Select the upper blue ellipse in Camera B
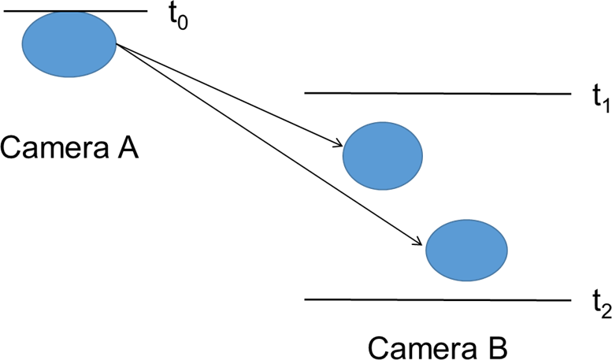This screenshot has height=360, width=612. pos(384,156)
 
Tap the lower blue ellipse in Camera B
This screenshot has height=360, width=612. pos(466,249)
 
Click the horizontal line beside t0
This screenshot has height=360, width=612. pos(75,11)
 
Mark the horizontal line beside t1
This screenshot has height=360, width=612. pos(437,93)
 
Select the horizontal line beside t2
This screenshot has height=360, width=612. pos(437,300)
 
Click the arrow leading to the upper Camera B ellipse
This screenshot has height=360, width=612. pos(228,95)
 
